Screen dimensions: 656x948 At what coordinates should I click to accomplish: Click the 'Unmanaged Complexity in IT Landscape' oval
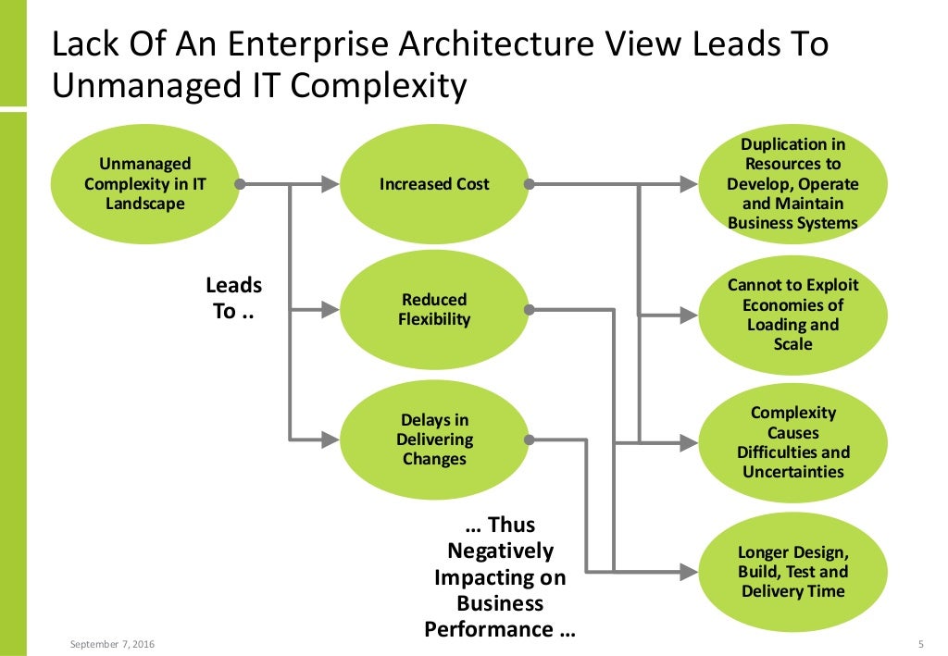[144, 184]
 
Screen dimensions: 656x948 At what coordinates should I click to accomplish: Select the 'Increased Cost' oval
[434, 184]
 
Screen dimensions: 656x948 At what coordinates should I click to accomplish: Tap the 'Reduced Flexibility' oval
[434, 310]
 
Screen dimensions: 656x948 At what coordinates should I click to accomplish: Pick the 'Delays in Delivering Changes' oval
[434, 439]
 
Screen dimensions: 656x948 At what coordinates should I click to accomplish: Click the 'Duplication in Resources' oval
[792, 184]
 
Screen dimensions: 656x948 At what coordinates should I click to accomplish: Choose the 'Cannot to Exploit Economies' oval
[792, 315]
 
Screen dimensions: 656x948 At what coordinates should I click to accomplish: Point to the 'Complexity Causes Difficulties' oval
[792, 442]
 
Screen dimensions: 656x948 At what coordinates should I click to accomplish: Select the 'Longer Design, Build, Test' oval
[792, 571]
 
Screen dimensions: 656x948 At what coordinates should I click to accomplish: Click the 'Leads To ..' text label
[233, 298]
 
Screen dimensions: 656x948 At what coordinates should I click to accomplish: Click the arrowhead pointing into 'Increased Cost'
[331, 185]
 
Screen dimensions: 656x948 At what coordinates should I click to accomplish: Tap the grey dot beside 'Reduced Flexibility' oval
[529, 310]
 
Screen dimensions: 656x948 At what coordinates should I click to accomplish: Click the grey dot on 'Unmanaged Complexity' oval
[240, 185]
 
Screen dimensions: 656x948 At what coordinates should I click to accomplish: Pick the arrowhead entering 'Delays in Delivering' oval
[331, 439]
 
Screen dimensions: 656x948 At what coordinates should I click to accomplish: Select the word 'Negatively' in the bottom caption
[500, 551]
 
